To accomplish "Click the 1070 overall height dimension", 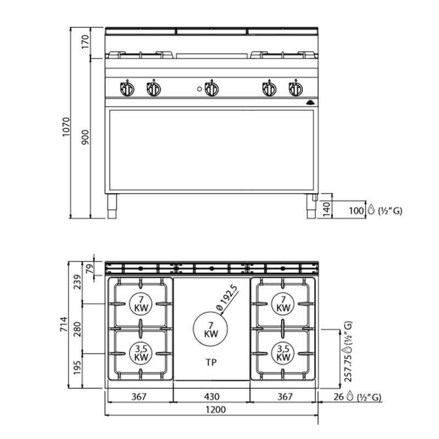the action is pyautogui.click(x=65, y=127).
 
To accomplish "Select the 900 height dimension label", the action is pyautogui.click(x=85, y=137).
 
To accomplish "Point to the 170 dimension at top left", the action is pyautogui.click(x=85, y=42).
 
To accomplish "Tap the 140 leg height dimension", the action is pyautogui.click(x=327, y=210).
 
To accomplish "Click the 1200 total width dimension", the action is pyautogui.click(x=216, y=409).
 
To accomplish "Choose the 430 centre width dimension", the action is pyautogui.click(x=212, y=396).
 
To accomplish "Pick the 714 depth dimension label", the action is pyautogui.click(x=64, y=324).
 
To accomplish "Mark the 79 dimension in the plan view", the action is pyautogui.click(x=89, y=269).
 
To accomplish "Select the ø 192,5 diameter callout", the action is pyautogui.click(x=227, y=297).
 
